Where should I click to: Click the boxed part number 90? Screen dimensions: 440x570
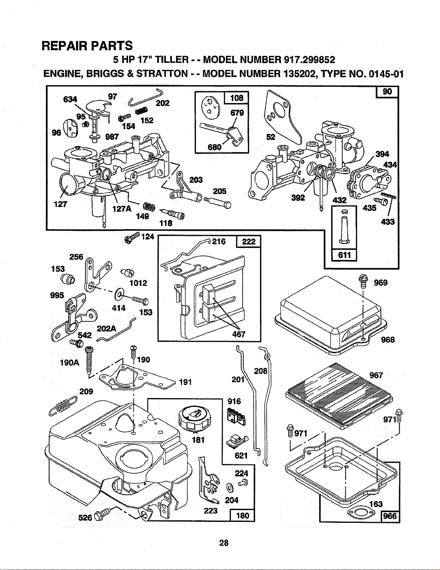[x=387, y=91]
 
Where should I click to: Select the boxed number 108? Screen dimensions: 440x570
[x=236, y=98]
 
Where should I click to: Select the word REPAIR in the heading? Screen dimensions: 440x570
[x=64, y=45]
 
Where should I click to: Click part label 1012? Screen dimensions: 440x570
[x=138, y=283]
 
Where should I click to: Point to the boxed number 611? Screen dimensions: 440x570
[x=344, y=255]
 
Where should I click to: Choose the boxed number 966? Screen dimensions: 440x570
[x=390, y=516]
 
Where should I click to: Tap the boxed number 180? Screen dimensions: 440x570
[x=242, y=515]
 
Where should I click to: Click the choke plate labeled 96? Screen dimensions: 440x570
[x=71, y=128]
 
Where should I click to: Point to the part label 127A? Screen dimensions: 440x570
[x=122, y=209]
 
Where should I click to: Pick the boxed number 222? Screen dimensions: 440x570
[x=249, y=241]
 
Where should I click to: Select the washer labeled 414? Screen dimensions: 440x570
[x=119, y=294]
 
